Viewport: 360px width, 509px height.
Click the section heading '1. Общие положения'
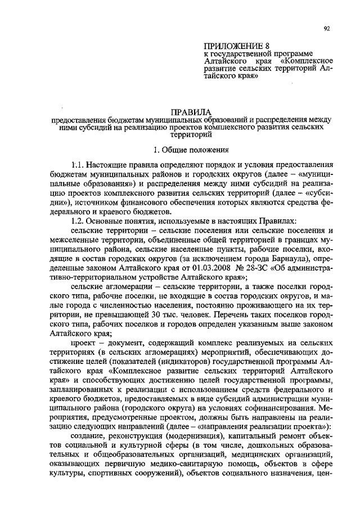pos(191,150)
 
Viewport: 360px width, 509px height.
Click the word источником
pos(101,202)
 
